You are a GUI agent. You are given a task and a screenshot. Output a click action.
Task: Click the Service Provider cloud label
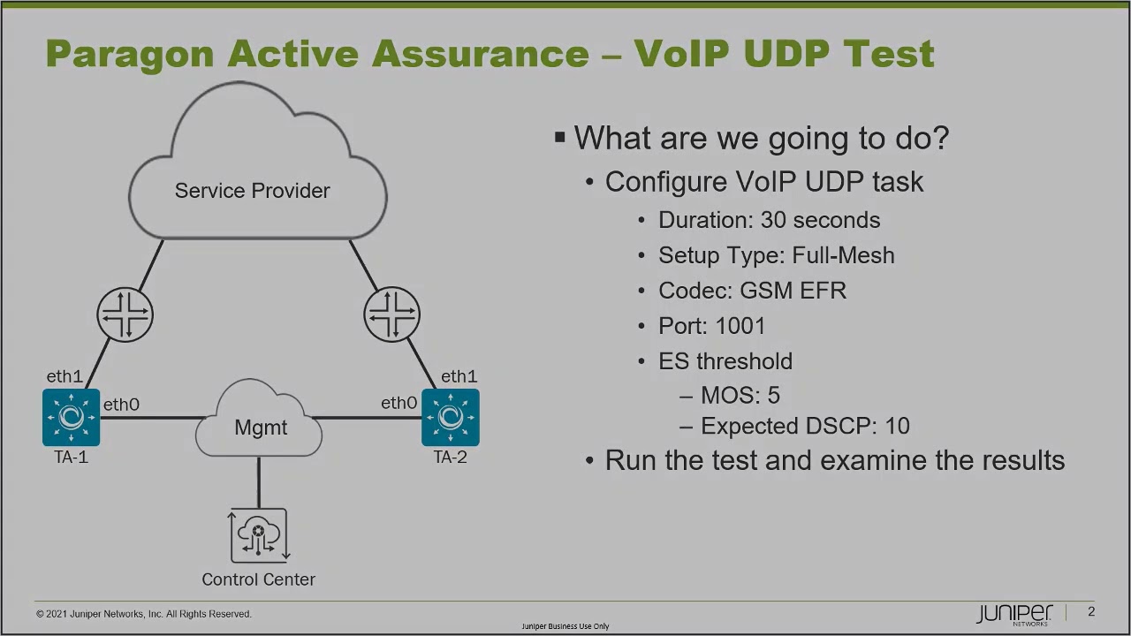(252, 191)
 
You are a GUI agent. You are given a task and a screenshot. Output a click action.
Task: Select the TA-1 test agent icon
(71, 417)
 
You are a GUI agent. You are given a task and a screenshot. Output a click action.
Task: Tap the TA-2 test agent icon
(451, 417)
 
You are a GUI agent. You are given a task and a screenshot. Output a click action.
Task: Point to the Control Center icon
(259, 535)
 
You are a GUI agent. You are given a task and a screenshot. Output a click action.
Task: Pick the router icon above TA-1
(125, 314)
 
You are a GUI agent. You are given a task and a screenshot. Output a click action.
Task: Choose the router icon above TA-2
(391, 314)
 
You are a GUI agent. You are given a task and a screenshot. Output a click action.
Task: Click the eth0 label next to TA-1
(121, 405)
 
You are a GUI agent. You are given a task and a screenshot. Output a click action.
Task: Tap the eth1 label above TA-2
(459, 376)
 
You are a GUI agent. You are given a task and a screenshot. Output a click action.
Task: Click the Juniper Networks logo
(1014, 614)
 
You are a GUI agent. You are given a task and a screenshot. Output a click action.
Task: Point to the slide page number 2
(1091, 612)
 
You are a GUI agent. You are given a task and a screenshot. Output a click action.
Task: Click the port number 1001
(740, 326)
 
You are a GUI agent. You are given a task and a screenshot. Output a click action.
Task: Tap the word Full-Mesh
(843, 255)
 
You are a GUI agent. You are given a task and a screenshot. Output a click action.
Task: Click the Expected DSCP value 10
(897, 426)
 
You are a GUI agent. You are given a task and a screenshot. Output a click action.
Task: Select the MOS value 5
(774, 395)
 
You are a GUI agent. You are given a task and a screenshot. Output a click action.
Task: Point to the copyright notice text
(144, 614)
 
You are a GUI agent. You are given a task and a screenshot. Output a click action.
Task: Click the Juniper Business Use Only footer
(565, 626)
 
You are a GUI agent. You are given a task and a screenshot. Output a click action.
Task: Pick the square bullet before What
(559, 137)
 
